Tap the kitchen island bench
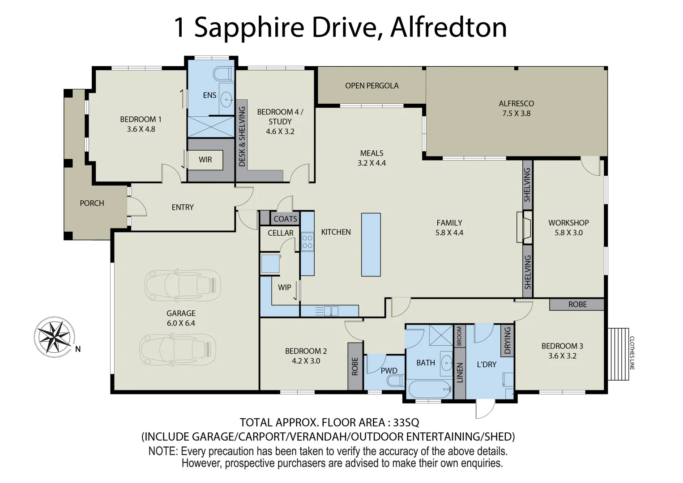coord(371,244)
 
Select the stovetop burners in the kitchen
coord(307,241)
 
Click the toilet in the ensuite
coord(222,73)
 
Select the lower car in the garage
coord(178,347)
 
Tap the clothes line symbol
coord(618,354)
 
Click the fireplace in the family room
coord(525,227)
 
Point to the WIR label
coord(205,160)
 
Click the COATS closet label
coord(285,219)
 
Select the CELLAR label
coord(281,233)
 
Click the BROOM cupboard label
coord(459,336)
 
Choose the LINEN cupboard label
coord(460,373)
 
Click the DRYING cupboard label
coord(508,340)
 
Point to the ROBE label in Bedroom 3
coord(577,305)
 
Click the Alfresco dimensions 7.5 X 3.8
coord(516,114)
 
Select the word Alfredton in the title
coord(448,28)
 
